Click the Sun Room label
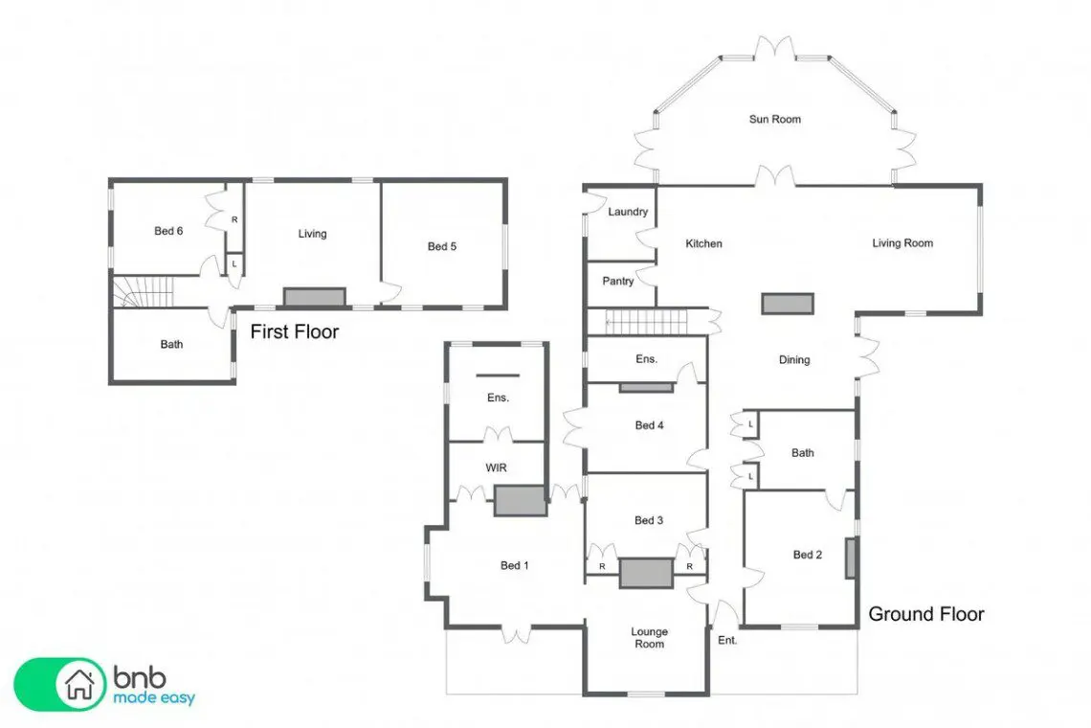(774, 119)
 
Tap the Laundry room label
(628, 212)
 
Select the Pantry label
(618, 281)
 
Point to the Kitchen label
(703, 244)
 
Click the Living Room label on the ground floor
(902, 243)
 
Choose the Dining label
(794, 360)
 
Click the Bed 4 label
(649, 425)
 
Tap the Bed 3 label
(649, 520)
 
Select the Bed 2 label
(807, 555)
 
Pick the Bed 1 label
(514, 566)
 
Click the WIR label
(496, 468)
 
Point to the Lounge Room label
(649, 637)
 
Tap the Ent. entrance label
(727, 640)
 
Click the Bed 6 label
(168, 231)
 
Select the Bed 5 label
(442, 246)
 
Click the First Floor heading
(295, 331)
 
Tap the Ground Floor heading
(926, 614)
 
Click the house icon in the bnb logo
(79, 684)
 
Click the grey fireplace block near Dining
(788, 304)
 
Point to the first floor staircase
(142, 291)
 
